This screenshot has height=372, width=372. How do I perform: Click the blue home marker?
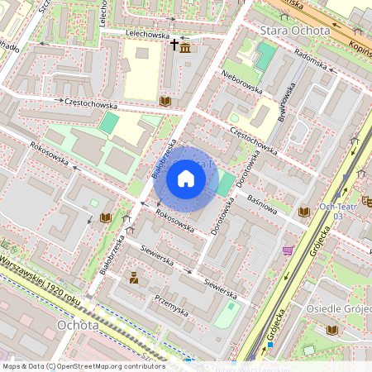[x=186, y=179]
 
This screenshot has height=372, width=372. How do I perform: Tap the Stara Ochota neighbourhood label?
[x=295, y=31]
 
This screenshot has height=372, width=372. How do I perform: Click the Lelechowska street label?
[x=146, y=36]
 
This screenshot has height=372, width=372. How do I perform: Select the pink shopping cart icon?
[x=288, y=250]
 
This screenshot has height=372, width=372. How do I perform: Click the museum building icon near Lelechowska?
[x=184, y=49]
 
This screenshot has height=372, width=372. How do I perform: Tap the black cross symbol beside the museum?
[x=174, y=42]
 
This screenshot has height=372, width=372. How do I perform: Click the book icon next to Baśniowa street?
[x=304, y=212]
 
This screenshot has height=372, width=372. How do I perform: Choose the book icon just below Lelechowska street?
[x=165, y=100]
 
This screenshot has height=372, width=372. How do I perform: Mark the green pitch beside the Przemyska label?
[x=229, y=312]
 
